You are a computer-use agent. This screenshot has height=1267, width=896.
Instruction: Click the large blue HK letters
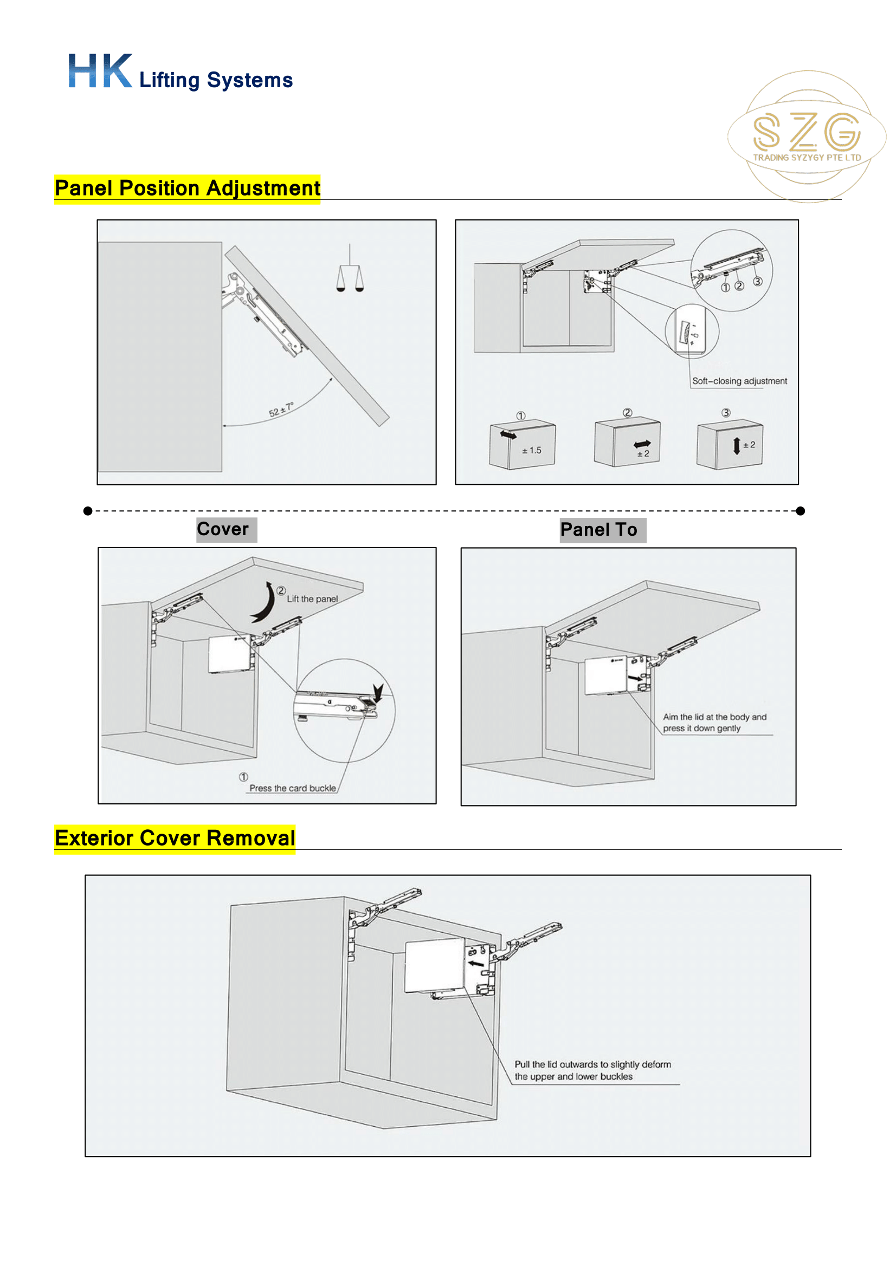pos(100,71)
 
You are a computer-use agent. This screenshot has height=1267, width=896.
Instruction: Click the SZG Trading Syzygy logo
pos(806,136)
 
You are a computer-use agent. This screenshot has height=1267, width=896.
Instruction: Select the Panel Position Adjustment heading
pos(187,189)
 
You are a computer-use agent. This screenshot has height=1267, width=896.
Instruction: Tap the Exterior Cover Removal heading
pos(175,838)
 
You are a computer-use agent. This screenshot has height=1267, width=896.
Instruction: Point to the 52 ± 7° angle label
pos(281,410)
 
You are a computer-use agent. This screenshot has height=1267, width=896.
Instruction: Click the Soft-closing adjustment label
pos(739,381)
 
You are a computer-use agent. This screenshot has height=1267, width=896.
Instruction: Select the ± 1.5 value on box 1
pos(532,451)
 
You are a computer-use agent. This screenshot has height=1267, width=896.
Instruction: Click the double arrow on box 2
pos(642,444)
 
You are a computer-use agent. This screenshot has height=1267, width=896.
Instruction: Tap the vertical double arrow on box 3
pos(737,445)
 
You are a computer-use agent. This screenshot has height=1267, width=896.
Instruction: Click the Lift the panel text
pos(312,599)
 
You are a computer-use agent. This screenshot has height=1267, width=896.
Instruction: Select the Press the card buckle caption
pos(292,789)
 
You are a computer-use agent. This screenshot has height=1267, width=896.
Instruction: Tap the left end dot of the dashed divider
pos(88,511)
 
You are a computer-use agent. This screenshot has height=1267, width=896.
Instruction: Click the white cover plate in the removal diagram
pos(434,966)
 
